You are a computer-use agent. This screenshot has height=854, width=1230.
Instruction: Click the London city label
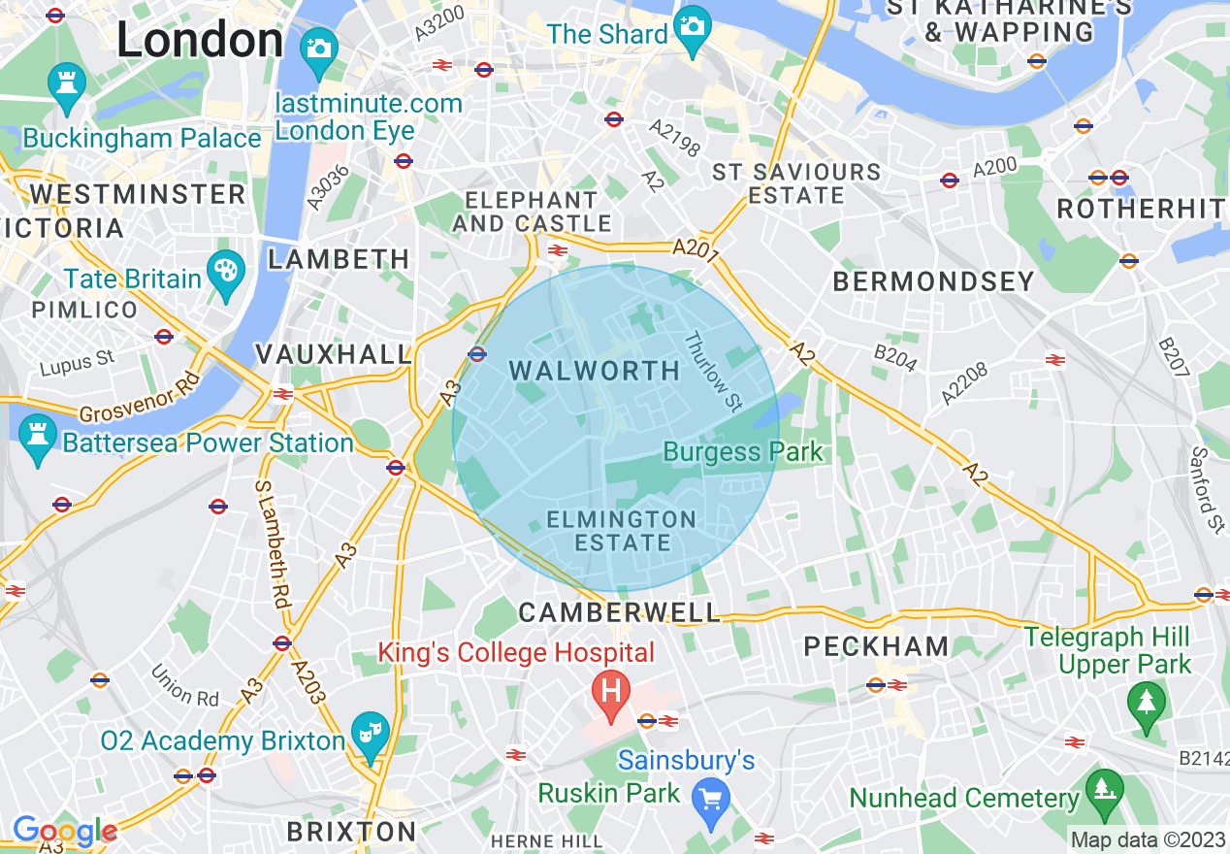tap(200, 41)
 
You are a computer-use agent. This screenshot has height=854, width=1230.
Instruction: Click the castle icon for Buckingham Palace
tap(66, 84)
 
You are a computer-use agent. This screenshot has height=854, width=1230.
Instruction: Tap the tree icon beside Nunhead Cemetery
tap(1104, 789)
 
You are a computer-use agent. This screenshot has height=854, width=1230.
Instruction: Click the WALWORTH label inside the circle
tap(595, 371)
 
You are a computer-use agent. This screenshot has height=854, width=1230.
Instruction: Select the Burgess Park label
tap(743, 451)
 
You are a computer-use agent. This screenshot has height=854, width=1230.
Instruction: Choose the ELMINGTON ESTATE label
tap(622, 531)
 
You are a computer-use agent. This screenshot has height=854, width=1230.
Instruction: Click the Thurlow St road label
tap(713, 372)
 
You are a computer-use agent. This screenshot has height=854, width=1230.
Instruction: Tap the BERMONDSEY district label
tap(934, 281)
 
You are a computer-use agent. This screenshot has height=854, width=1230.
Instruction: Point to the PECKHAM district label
tap(876, 646)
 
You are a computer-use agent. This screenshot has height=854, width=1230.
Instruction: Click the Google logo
tap(64, 831)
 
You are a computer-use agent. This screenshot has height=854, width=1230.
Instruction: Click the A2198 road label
tap(674, 139)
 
